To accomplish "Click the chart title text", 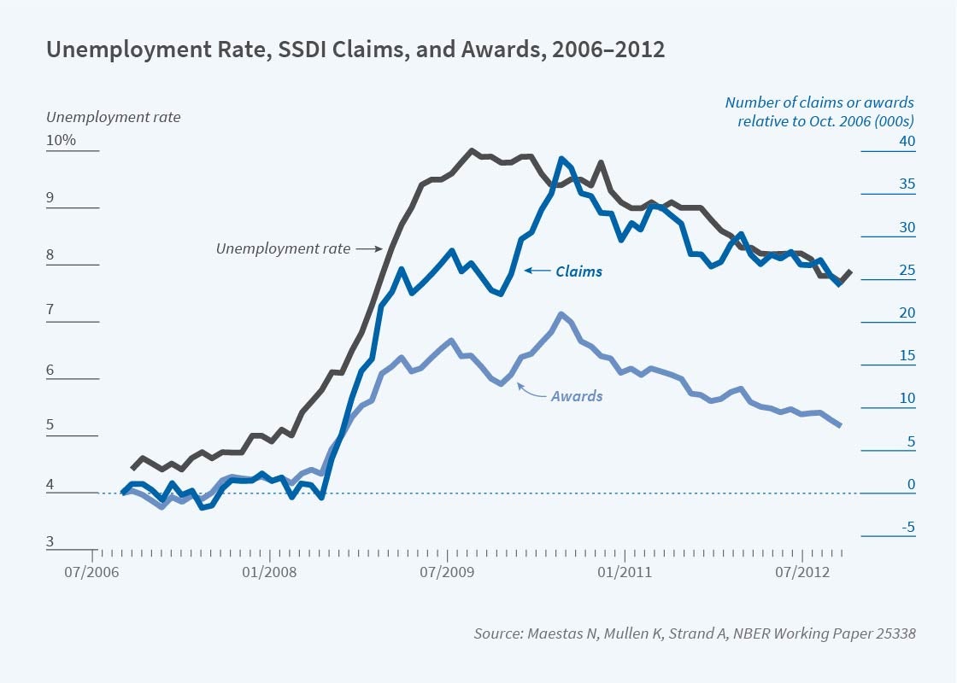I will (355, 50).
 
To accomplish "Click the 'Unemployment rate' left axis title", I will (114, 117).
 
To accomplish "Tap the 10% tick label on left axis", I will (62, 140).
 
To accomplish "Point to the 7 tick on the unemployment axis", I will (50, 311).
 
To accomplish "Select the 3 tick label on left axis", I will (50, 541).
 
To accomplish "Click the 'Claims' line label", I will (578, 271).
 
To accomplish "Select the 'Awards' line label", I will (576, 396).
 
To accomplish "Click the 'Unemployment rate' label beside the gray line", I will (283, 248).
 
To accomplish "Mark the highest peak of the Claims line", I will (561, 159).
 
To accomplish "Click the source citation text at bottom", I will (695, 633).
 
